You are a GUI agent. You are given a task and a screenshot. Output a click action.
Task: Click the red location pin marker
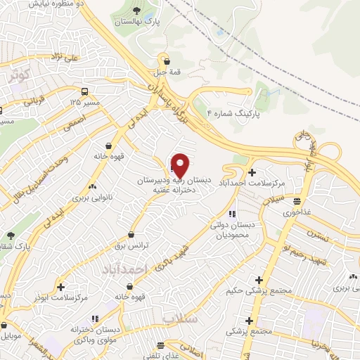click(181, 165)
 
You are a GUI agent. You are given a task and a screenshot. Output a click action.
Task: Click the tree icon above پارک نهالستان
click(136, 11)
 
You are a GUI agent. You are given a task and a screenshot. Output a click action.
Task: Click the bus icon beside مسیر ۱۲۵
click(85, 91)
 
